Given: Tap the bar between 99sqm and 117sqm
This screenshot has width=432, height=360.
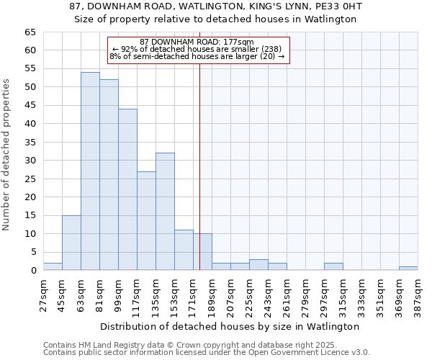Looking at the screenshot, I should pyautogui.click(x=127, y=189).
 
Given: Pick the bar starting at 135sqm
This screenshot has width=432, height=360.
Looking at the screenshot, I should pyautogui.click(x=165, y=212).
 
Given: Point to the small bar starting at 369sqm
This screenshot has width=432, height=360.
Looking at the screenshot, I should pyautogui.click(x=408, y=269).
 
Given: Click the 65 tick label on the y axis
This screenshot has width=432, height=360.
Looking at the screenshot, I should pyautogui.click(x=30, y=32).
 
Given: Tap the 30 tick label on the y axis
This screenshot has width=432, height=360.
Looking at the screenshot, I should pyautogui.click(x=30, y=161).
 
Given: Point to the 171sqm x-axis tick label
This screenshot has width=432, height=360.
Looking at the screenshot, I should pyautogui.click(x=193, y=293).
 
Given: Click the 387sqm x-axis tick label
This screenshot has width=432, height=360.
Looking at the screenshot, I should pyautogui.click(x=418, y=293).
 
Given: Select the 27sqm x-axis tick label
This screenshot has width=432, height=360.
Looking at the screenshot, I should pyautogui.click(x=43, y=293).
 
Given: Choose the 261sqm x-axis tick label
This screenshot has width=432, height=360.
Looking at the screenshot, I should pyautogui.click(x=287, y=293).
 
